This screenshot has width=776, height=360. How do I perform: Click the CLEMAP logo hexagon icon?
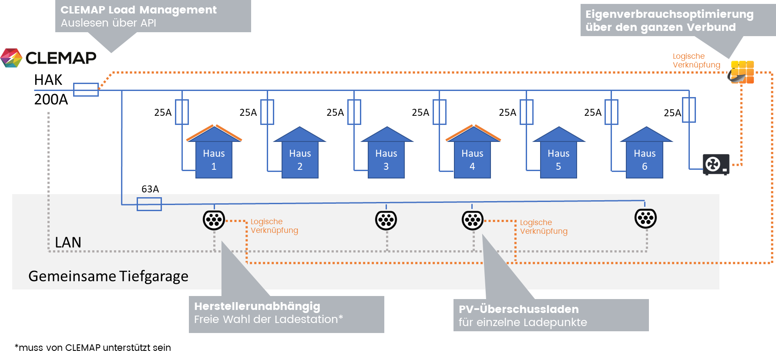pyautogui.click(x=11, y=58)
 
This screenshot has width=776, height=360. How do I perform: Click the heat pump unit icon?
pyautogui.click(x=716, y=165)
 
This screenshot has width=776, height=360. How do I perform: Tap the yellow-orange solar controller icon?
pyautogui.click(x=742, y=72)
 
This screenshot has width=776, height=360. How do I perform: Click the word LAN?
pyautogui.click(x=68, y=242)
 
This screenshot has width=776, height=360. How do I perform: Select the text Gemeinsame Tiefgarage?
pyautogui.click(x=108, y=276)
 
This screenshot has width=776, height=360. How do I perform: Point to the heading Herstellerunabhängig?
pyautogui.click(x=257, y=306)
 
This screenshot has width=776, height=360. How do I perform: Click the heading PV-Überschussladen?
pyautogui.click(x=518, y=310)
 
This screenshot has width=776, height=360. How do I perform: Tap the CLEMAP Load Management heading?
pyautogui.click(x=138, y=10)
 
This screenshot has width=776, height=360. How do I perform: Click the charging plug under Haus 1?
pyautogui.click(x=214, y=220)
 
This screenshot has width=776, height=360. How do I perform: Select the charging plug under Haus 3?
pyautogui.click(x=386, y=220)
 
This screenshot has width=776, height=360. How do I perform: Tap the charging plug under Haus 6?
pyautogui.click(x=645, y=218)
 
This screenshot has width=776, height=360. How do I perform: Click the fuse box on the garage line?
pyautogui.click(x=149, y=204)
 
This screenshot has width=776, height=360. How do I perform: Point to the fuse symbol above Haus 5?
pyautogui.click(x=526, y=112)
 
